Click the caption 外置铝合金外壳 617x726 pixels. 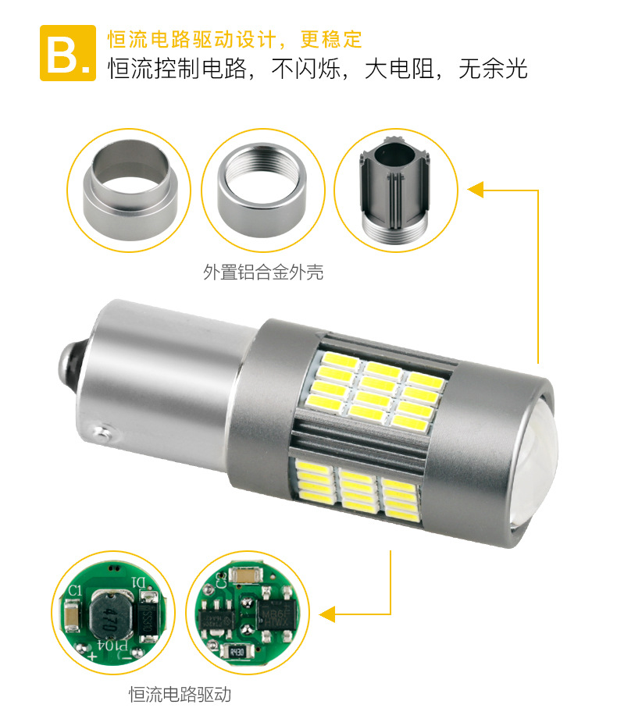pyautogui.click(x=263, y=272)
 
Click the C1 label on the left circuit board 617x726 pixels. pyautogui.click(x=75, y=592)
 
